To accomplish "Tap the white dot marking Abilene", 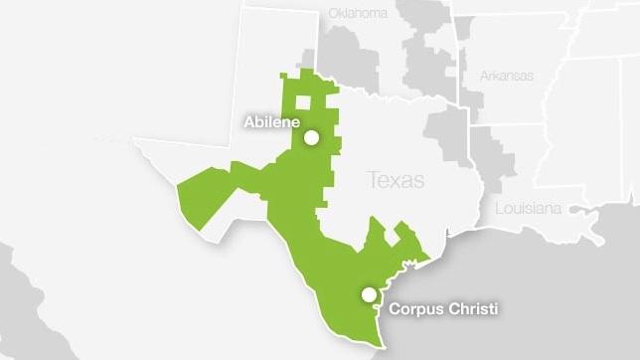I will [311, 138].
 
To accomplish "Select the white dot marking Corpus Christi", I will [370, 294].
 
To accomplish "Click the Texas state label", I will [395, 180].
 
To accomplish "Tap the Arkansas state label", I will [507, 76].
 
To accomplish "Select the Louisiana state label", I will [528, 208].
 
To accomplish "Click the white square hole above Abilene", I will [302, 101].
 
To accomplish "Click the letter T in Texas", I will [373, 180].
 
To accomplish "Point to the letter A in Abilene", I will [249, 122].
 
